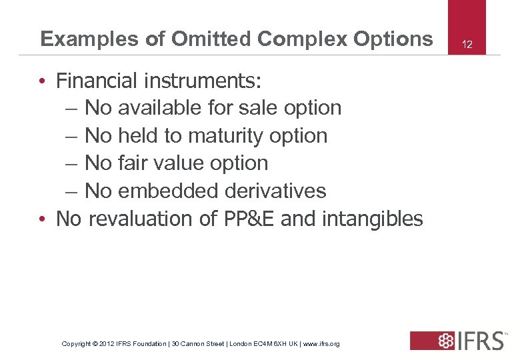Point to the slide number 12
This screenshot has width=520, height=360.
coord(467,45)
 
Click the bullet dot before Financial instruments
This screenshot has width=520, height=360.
coord(42,81)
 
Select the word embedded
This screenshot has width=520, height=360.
coord(169,191)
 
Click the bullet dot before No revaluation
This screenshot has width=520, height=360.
coord(42,219)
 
